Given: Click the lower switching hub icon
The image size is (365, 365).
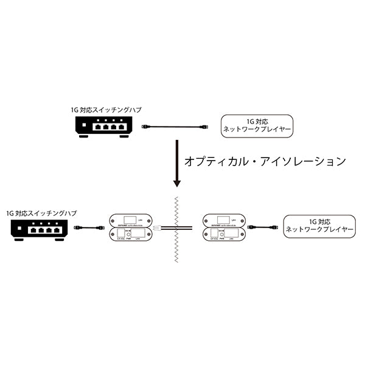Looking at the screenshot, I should (38, 229).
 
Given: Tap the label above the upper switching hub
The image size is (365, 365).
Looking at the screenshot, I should (103, 110).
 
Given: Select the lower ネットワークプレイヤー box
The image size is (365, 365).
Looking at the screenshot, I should (318, 226).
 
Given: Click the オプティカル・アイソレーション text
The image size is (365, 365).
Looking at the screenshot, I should (265, 162).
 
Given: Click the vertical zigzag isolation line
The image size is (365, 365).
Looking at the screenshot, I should (176, 231).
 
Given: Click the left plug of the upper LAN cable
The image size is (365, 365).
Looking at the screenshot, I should (145, 127).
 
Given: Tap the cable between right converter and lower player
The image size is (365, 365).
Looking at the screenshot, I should (267, 228).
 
